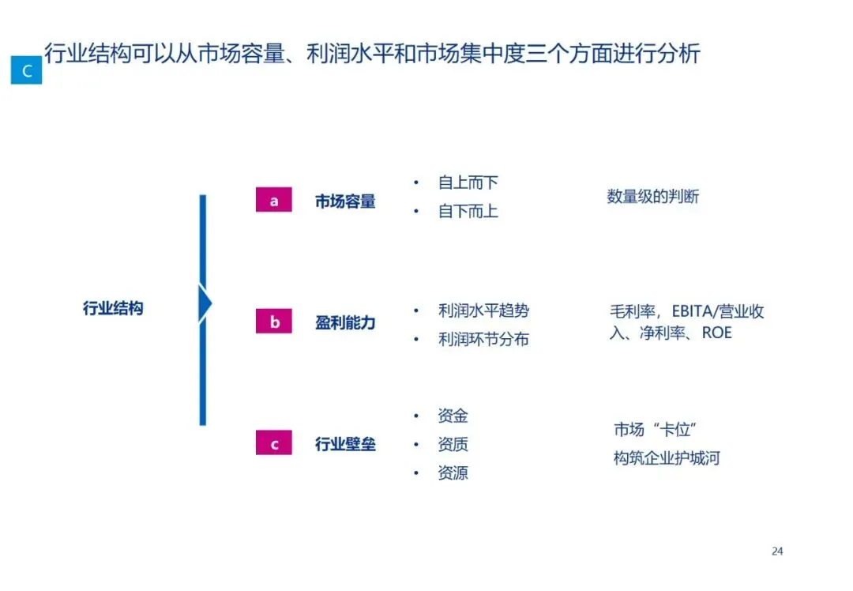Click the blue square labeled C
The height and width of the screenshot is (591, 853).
click(x=26, y=70)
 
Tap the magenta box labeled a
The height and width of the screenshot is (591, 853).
click(x=274, y=201)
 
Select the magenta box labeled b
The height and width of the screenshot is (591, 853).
click(x=274, y=322)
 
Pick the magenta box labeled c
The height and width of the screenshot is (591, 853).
click(x=274, y=443)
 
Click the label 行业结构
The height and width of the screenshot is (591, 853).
click(x=113, y=308)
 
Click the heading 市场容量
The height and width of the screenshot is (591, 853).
click(x=345, y=201)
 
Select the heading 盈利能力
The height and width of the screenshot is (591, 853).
click(x=345, y=322)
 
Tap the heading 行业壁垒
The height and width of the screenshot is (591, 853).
click(x=345, y=444)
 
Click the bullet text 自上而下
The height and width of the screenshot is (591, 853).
click(x=468, y=183)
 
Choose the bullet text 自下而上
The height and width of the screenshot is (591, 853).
click(x=468, y=212)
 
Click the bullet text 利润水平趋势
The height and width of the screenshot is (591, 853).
click(x=483, y=311)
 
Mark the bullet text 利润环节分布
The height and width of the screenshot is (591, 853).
click(x=483, y=340)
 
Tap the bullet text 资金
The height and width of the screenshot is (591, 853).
click(x=453, y=416)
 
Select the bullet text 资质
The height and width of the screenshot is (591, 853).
click(x=453, y=445)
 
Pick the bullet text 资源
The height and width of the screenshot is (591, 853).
click(x=453, y=473)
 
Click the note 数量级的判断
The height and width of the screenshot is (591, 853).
click(x=652, y=197)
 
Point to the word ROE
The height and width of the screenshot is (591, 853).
click(x=716, y=333)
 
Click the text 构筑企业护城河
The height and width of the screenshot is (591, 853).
click(x=667, y=458)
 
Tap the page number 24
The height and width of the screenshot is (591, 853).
click(x=777, y=551)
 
